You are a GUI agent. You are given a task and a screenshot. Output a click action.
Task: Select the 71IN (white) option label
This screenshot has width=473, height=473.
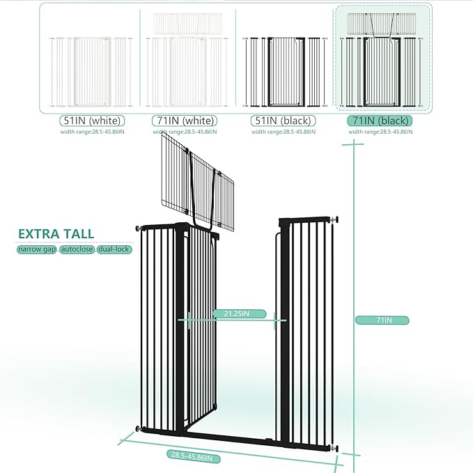point(185,121)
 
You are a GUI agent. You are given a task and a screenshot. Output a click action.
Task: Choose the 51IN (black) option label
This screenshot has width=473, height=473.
point(282,121)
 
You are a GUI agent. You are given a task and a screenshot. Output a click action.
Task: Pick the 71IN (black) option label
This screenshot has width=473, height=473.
point(380,121)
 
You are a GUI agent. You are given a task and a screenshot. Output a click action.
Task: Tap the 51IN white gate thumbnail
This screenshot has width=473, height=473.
point(91,70)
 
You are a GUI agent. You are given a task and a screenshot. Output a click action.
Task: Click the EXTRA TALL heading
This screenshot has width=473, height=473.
point(56,234)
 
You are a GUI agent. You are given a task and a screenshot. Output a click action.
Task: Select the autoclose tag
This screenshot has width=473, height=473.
point(77,249)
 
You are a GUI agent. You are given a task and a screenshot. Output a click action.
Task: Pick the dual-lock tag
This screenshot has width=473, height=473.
point(114,249)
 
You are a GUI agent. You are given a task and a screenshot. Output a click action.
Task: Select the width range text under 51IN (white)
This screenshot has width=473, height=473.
point(92,132)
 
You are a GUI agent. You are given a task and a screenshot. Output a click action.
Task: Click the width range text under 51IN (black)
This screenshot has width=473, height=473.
point(284,132)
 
